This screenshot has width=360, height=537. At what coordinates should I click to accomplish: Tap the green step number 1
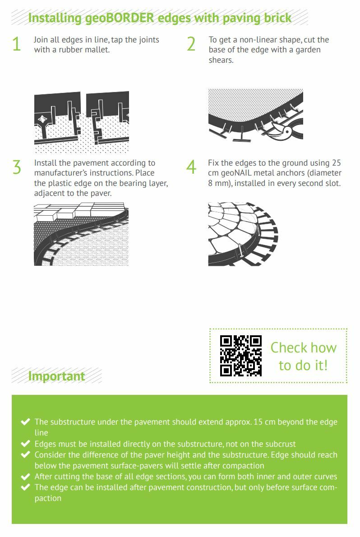16,44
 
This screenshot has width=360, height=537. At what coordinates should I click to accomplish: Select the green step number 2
191,44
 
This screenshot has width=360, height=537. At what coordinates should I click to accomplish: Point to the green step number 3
17,167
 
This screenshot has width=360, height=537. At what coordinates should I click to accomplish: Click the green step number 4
191,167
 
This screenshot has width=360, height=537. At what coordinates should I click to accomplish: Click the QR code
241,356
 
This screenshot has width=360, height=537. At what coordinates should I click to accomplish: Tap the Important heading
56,376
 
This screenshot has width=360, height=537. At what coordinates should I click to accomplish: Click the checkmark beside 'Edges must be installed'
25,444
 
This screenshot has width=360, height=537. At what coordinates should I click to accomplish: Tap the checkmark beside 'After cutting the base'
25,477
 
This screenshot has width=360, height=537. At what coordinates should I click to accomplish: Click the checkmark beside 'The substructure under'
25,421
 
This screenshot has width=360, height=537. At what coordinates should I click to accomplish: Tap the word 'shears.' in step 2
221,60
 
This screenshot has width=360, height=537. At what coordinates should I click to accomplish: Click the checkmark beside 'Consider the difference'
25,455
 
